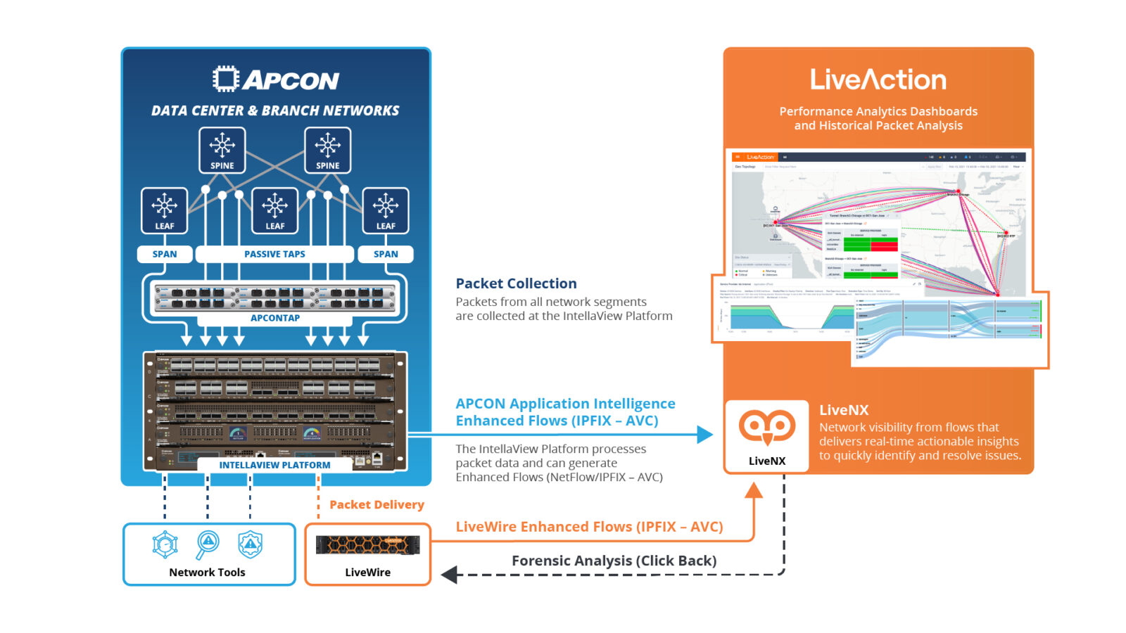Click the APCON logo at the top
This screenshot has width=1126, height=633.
click(276, 79)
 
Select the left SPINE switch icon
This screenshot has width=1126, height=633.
click(222, 149)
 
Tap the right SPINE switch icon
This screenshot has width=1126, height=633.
click(328, 149)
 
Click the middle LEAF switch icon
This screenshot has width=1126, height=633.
click(274, 210)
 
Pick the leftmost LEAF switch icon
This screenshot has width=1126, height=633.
click(164, 210)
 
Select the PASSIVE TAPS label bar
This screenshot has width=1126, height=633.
click(274, 254)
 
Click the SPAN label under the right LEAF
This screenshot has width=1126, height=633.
click(386, 254)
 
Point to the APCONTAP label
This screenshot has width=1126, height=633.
click(274, 318)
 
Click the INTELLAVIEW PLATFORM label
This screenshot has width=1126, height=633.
click(274, 465)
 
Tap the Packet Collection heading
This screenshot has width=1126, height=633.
click(516, 283)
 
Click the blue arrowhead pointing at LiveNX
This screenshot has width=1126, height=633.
click(704, 435)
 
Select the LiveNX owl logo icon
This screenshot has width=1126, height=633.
click(766, 427)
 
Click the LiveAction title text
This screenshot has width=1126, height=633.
click(878, 79)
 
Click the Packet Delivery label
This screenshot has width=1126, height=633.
click(377, 504)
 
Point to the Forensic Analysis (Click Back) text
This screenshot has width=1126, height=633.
click(614, 561)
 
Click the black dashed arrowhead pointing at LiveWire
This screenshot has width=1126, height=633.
click(449, 575)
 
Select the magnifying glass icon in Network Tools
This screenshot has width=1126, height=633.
click(208, 544)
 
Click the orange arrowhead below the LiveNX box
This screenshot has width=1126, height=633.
click(754, 490)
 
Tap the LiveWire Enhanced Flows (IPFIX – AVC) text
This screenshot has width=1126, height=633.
click(589, 527)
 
